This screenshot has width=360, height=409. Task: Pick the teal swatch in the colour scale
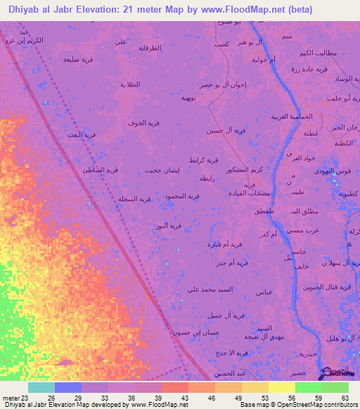(41, 387)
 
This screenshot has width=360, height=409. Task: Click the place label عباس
(266, 292)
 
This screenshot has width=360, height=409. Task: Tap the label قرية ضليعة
(77, 60)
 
